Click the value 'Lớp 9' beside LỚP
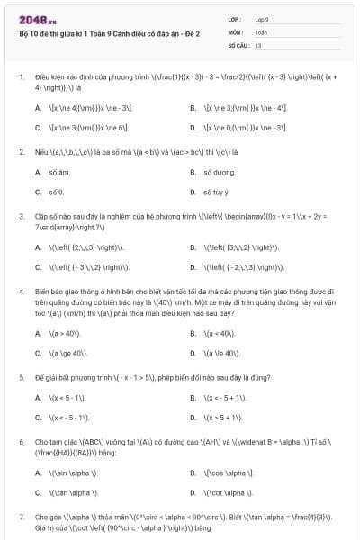(262, 19)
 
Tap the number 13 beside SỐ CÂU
(258, 44)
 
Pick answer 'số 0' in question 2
(56, 192)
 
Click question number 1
(21, 77)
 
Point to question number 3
(21, 216)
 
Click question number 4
(21, 292)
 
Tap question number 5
(21, 377)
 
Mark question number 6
(21, 442)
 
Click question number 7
(21, 517)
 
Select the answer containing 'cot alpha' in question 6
(229, 493)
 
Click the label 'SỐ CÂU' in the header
(238, 44)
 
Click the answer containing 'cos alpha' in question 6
(229, 472)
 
